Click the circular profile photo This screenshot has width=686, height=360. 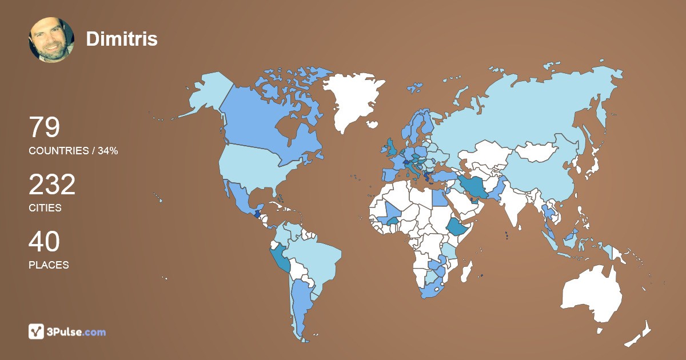point(51,39)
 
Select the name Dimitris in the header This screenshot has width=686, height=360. point(121,39)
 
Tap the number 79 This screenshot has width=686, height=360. point(44,127)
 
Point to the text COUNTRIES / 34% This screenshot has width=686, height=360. point(73,151)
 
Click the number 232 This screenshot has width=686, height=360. point(52,185)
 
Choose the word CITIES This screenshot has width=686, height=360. point(45,208)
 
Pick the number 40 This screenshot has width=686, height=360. point(44,242)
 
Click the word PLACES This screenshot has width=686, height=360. point(49,265)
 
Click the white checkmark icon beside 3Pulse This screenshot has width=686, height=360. point(37,331)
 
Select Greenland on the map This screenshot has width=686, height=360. point(352,100)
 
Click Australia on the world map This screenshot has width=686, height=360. point(592,294)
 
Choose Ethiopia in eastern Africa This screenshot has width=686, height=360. point(456,227)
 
